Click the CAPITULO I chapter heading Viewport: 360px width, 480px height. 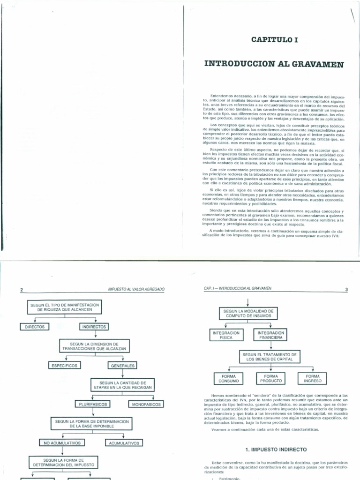(x=274, y=41)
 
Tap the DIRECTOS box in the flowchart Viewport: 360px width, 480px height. (x=35, y=327)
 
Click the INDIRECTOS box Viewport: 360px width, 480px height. (x=94, y=327)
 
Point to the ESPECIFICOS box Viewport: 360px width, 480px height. (x=64, y=365)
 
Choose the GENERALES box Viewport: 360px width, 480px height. (x=122, y=365)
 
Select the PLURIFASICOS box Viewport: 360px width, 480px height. (x=91, y=404)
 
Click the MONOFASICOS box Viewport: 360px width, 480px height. (x=146, y=404)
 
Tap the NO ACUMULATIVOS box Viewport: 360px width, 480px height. (x=62, y=442)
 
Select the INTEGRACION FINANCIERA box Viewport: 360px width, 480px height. (x=270, y=335)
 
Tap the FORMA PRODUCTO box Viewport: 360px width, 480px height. (x=270, y=378)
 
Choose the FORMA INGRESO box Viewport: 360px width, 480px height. (x=312, y=378)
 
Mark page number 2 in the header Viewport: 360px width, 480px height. (x=22, y=290)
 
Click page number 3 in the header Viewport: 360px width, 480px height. (x=346, y=289)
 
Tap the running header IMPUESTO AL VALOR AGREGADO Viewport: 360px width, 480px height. (x=136, y=290)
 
